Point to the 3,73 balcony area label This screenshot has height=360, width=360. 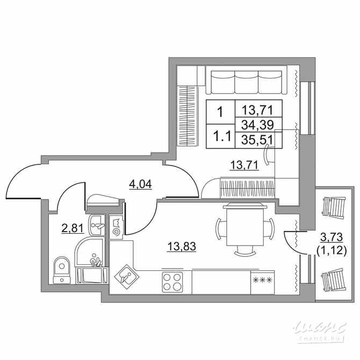(x=332, y=236)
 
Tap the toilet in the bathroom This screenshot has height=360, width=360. (x=62, y=269)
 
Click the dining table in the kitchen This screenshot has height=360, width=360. (x=245, y=225)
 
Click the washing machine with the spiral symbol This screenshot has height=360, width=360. (x=117, y=227)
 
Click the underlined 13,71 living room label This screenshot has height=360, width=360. (x=245, y=165)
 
